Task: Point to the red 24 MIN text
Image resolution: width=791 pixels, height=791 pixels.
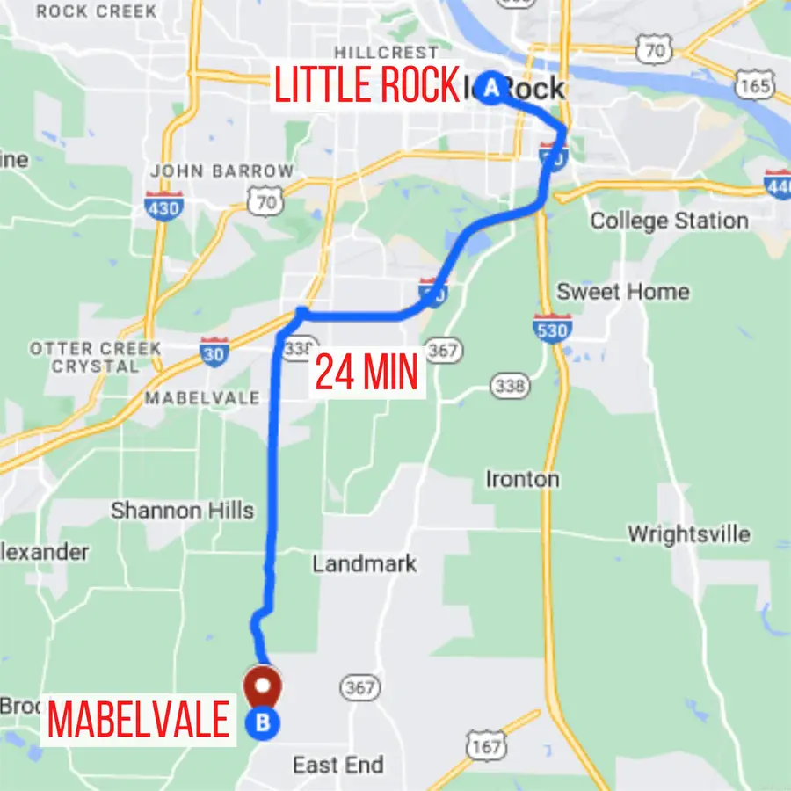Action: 366,372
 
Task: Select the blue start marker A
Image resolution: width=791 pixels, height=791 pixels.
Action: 492,87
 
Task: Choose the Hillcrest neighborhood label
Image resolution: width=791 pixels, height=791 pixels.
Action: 386,53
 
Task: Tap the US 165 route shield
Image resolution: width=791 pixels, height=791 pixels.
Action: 755,85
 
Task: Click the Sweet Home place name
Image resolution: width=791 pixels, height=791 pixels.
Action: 623,292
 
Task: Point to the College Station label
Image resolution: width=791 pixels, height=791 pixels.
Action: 669,221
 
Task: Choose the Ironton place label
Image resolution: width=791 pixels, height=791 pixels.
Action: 522,479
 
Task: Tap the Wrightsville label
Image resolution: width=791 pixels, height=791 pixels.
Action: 688,533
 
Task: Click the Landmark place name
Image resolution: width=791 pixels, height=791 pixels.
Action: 364,563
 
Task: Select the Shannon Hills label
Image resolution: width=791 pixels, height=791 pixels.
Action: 182,511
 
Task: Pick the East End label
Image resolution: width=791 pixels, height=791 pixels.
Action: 338,765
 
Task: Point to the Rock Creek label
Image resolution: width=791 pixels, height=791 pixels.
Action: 97,11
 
